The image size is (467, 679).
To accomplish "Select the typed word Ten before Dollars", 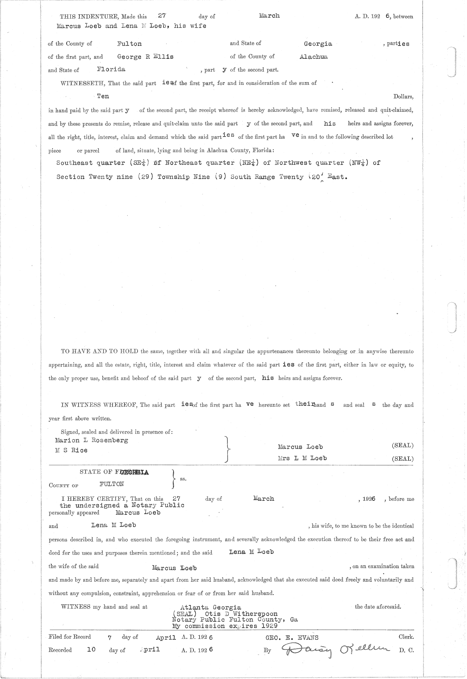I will point(103,96).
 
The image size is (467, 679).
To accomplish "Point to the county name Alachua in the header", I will point(313,57).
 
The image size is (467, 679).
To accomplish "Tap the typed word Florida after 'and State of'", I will point(111,69).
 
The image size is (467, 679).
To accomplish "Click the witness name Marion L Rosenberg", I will point(92,440).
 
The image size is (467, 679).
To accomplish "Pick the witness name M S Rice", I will point(72,450).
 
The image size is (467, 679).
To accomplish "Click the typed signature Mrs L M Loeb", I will point(302,458).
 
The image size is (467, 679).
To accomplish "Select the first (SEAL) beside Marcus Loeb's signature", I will point(402,446).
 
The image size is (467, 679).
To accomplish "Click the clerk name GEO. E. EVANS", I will point(291,637).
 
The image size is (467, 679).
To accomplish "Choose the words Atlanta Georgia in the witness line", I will point(211,607).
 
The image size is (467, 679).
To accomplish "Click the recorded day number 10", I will point(91,650).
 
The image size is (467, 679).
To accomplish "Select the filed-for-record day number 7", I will point(110,638).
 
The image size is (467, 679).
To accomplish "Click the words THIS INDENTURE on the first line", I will point(90,17).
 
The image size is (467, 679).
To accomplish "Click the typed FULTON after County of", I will point(112,484).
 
